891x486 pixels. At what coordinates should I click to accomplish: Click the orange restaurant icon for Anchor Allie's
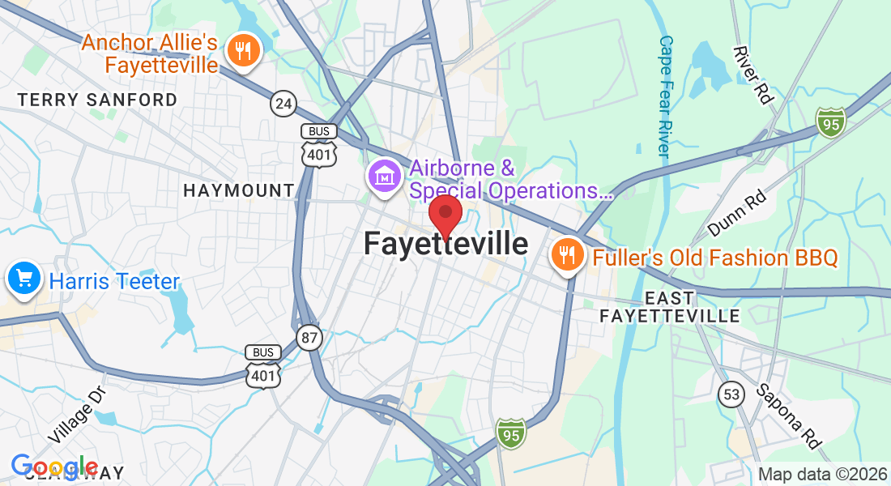pos(241,52)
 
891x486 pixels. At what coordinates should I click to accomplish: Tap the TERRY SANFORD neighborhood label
pos(97,100)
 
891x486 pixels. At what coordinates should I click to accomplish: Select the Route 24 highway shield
pos(283,103)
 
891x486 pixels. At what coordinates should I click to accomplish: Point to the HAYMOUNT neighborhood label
pos(239,190)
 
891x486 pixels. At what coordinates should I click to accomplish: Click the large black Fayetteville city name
pos(446,244)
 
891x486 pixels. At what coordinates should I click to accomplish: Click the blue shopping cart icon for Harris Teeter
pos(24,279)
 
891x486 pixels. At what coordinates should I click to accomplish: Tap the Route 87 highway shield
pos(309,338)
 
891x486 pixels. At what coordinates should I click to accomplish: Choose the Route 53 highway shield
pos(730,394)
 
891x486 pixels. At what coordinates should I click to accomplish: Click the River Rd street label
pos(752,75)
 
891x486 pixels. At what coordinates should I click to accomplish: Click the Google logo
pos(54,467)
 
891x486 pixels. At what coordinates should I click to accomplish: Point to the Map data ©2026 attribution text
pos(821,475)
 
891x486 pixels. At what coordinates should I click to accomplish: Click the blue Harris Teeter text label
pos(114,281)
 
